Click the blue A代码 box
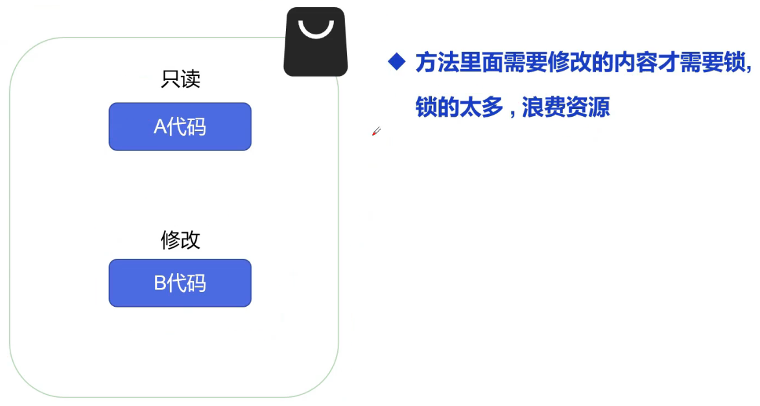pos(180,126)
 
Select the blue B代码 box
pos(180,283)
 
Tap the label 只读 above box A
pos(180,79)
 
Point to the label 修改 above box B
pos(180,240)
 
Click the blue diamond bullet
pos(396,62)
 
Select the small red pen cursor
pos(376,131)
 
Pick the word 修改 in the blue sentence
pos(569,62)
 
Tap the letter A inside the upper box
pos(160,127)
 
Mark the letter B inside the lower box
pos(160,283)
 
